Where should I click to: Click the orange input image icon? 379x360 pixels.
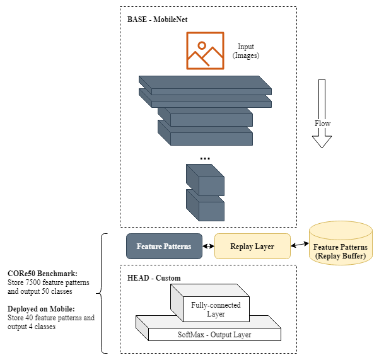205,50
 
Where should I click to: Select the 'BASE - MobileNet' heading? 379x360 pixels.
158,20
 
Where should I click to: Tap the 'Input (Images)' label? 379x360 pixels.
246,51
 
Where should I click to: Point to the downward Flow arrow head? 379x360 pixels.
322,142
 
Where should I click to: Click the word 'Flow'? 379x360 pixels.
322,124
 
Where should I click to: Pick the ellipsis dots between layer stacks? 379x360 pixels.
205,158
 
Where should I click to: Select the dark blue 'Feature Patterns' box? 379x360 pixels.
164,247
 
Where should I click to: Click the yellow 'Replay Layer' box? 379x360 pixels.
252,247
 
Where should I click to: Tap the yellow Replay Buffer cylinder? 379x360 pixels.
341,243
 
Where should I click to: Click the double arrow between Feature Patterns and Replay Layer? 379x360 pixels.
208,247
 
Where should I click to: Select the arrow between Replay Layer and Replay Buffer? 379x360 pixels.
300,245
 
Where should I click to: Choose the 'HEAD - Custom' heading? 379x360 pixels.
154,278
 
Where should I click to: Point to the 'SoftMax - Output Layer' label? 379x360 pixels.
214,335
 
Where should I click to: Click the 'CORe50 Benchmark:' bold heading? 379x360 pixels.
42,274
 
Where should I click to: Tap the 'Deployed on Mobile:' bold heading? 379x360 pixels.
41,309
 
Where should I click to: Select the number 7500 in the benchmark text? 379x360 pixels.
33,282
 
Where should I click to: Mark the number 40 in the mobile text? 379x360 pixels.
29,318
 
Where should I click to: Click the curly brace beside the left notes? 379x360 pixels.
102,294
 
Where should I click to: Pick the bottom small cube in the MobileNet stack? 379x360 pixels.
205,205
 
